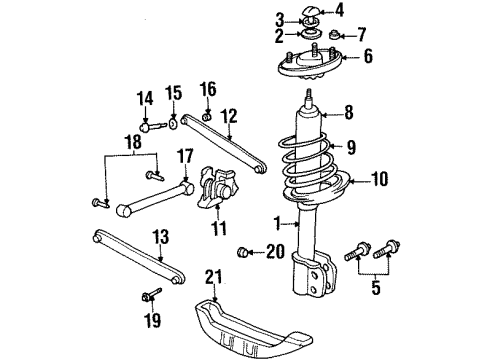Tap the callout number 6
(x=368, y=57)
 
